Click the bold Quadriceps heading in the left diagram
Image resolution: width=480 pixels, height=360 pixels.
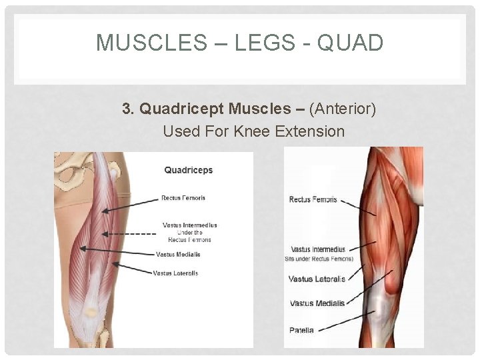189,170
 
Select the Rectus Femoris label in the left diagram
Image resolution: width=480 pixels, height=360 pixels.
183,198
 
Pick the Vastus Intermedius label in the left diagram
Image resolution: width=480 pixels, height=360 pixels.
190,225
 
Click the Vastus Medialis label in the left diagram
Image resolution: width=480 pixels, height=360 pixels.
178,254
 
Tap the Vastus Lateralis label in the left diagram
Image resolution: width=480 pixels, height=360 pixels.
175,273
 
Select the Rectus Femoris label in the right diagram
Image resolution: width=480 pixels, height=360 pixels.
313,199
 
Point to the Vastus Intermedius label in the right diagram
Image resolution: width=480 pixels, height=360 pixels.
318,249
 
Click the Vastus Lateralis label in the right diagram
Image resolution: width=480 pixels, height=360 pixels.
317,279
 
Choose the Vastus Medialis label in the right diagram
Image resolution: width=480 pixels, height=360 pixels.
317,303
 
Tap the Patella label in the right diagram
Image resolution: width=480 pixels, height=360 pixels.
301,330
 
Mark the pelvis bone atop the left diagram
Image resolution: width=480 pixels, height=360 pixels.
73,167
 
